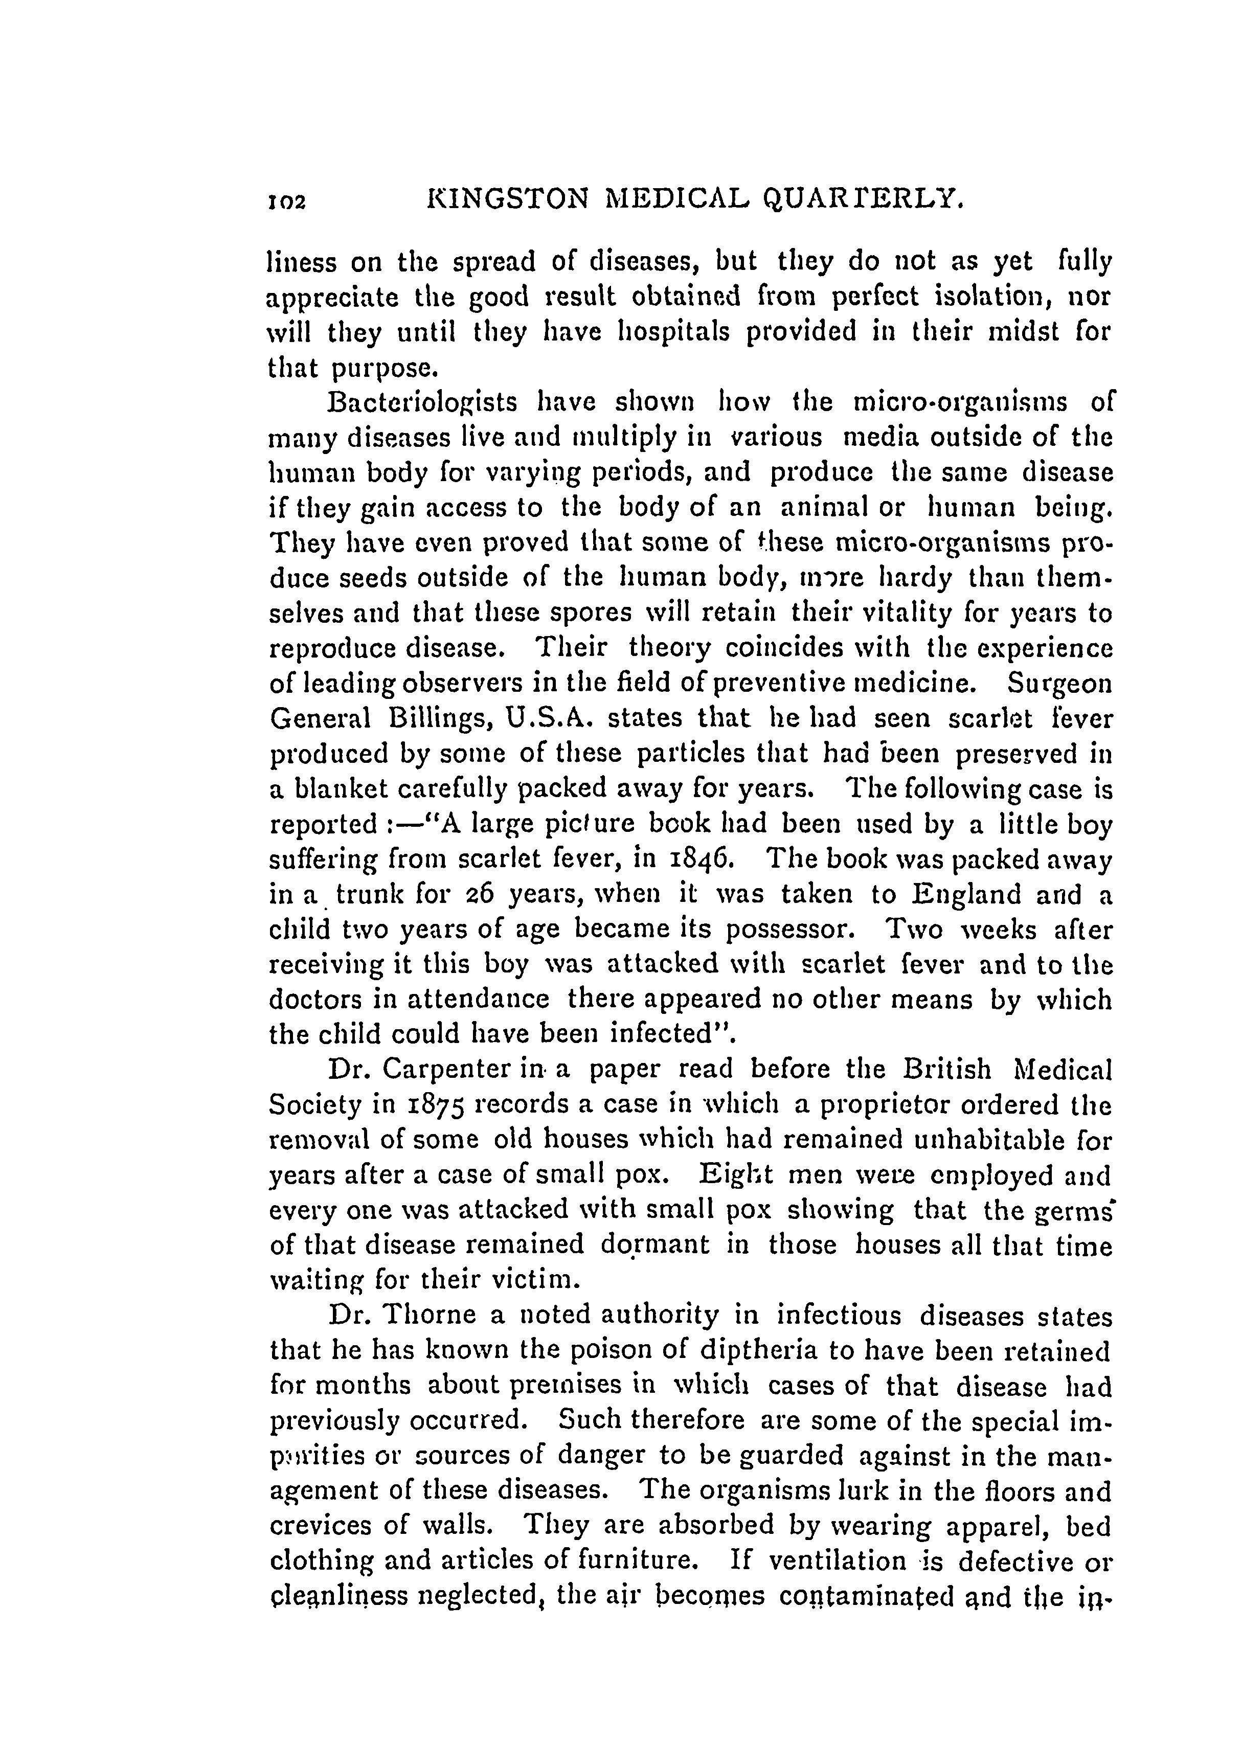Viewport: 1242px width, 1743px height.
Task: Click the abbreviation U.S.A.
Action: pyautogui.click(x=546, y=718)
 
